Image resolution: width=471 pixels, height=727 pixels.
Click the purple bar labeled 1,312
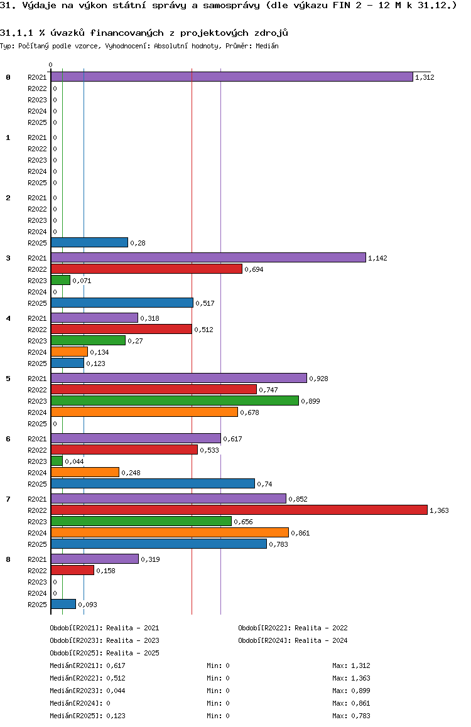coord(232,77)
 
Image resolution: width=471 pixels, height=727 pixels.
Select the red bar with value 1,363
coord(239,510)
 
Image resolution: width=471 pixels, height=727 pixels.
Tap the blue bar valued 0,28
coord(89,242)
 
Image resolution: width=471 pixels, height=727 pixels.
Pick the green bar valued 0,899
coord(175,401)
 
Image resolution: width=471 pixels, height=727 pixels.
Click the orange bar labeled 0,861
coord(170,533)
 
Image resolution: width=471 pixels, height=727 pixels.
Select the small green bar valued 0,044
coord(57,461)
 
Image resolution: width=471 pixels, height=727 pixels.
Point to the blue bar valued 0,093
coord(63,604)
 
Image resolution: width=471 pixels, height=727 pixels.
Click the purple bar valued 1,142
coord(208,257)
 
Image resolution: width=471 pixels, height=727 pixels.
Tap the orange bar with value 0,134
coord(69,352)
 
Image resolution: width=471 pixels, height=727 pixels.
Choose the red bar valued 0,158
coord(72,570)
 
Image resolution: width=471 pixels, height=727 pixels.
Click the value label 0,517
coord(205,303)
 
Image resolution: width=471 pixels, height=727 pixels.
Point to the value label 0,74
coord(264,484)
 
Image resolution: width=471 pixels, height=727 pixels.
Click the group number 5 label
coord(8,379)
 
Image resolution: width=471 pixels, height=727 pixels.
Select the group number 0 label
coord(8,77)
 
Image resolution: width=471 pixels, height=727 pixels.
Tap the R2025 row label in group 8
coord(37,605)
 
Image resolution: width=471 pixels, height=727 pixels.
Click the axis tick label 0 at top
coord(50,65)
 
